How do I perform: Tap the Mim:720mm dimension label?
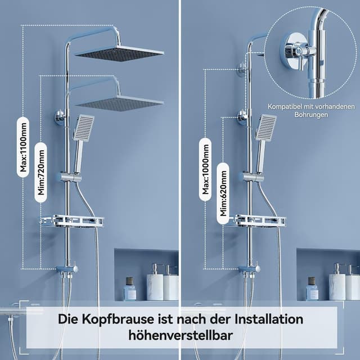coord(41,169)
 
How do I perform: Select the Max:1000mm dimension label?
coord(205,169)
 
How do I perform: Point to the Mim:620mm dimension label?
coord(223,189)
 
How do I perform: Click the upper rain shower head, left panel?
coord(120,53)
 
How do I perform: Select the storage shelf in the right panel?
coord(256,220)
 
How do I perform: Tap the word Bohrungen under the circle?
coord(311,115)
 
